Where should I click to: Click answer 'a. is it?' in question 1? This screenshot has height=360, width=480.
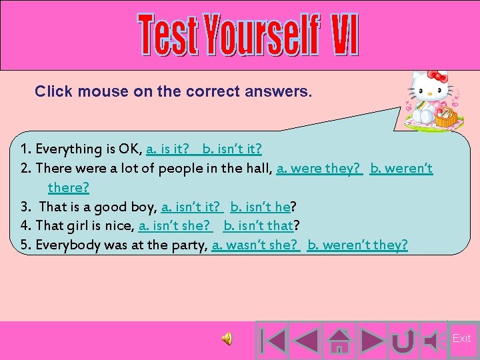167,148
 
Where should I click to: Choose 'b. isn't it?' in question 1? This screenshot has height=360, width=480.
232,148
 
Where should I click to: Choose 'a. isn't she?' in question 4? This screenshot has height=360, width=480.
175,225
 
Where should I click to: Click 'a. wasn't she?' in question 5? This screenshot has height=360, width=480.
255,245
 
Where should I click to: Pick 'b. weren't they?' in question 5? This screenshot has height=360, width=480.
357,245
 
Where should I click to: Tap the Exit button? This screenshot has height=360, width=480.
461,339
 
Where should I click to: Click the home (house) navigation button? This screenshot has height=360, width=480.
340,340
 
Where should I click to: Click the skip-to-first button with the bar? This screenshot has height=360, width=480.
271,340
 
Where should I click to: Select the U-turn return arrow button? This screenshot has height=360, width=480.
401,340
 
